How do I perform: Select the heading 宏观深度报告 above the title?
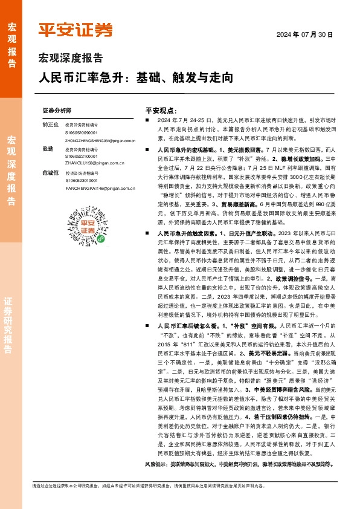tap(71, 59)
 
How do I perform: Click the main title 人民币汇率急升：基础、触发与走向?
tap(135, 78)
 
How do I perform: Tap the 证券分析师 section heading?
tap(57, 111)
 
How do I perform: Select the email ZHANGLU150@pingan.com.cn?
tap(92, 162)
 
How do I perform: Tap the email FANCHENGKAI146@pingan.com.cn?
tap(97, 187)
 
